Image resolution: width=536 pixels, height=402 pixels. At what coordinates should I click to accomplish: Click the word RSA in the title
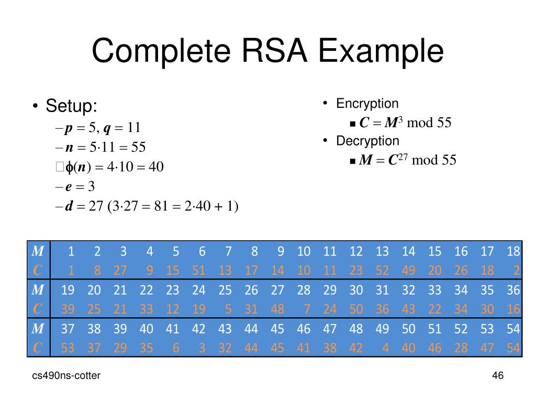click(275, 51)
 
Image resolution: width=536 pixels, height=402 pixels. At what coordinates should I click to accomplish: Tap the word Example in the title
click(381, 52)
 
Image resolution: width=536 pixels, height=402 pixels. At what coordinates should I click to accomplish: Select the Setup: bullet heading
click(71, 106)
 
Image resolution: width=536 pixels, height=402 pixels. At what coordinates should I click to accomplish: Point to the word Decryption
click(367, 141)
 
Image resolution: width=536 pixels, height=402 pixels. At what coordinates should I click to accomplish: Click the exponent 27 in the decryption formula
click(403, 157)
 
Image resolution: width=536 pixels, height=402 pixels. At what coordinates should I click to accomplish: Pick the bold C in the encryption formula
click(364, 122)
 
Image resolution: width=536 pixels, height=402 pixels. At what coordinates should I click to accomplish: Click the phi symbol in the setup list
click(69, 167)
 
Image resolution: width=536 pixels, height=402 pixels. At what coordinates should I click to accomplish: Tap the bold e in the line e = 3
click(69, 187)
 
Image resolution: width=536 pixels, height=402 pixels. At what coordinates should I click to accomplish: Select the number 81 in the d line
click(161, 206)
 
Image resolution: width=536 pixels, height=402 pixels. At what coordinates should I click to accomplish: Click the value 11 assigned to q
click(134, 128)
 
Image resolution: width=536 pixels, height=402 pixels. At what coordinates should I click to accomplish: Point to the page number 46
click(498, 375)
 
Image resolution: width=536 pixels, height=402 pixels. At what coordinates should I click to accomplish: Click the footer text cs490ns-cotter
click(66, 375)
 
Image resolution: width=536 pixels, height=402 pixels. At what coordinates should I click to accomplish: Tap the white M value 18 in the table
click(513, 252)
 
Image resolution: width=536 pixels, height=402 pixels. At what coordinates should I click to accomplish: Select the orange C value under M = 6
click(198, 271)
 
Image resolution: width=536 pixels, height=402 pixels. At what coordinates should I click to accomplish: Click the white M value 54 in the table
click(513, 329)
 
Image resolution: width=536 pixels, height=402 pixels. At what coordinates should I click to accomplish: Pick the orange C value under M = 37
click(68, 348)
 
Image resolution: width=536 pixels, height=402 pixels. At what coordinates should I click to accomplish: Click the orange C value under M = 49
click(385, 348)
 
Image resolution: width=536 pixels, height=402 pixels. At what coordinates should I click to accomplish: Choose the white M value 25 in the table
click(225, 290)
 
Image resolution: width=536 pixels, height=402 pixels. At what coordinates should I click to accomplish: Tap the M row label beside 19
click(38, 290)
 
